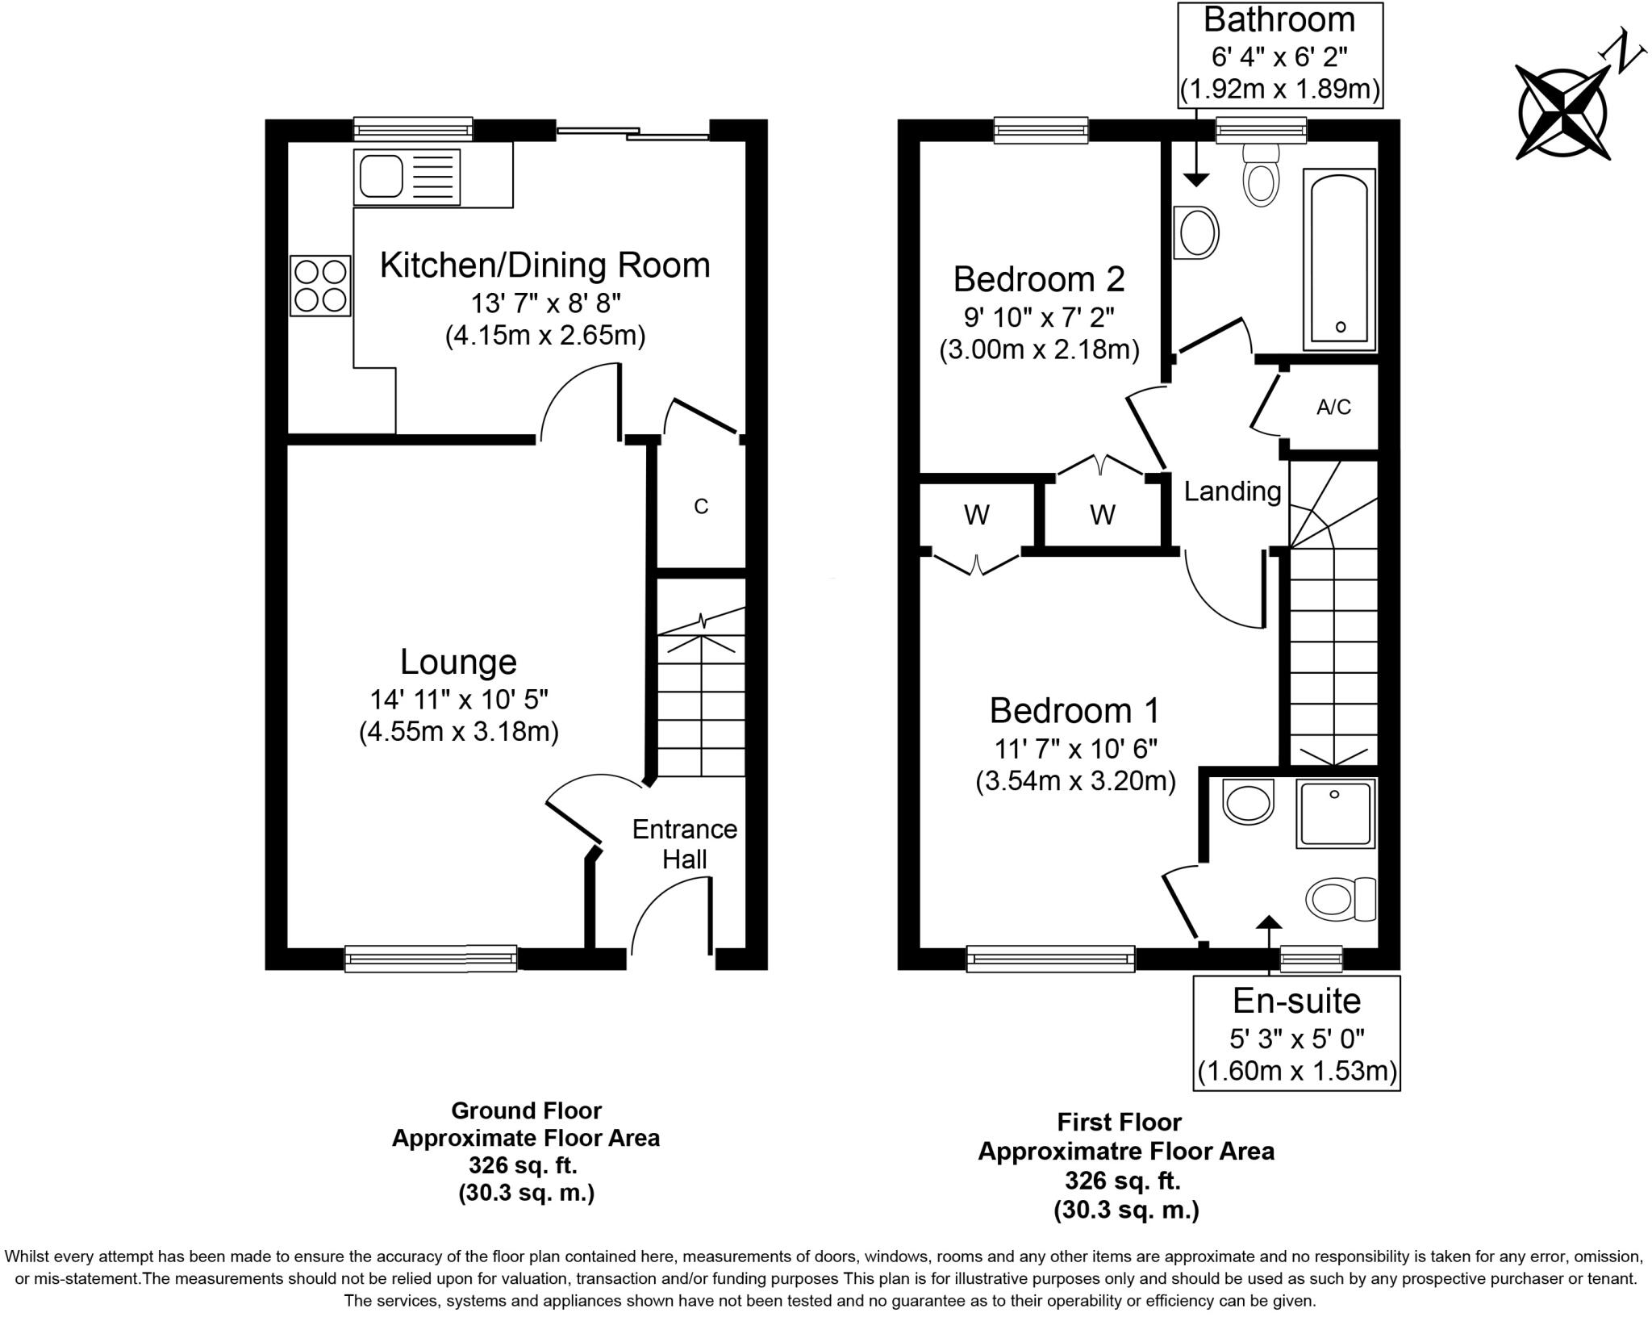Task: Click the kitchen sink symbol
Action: (x=407, y=177)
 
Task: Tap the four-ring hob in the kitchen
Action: (x=320, y=286)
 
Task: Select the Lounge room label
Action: (x=458, y=662)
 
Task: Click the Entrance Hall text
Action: (x=685, y=844)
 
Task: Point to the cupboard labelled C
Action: (x=701, y=506)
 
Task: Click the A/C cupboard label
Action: (x=1333, y=408)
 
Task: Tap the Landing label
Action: (x=1232, y=491)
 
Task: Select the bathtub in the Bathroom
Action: (x=1339, y=260)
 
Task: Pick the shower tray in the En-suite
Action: (x=1335, y=813)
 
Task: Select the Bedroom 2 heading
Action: (x=1038, y=279)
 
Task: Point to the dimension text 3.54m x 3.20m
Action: (x=1075, y=781)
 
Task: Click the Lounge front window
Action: (x=431, y=958)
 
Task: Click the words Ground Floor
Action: (x=526, y=1111)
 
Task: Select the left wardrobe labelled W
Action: (x=977, y=515)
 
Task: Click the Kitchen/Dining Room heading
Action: (x=544, y=265)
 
